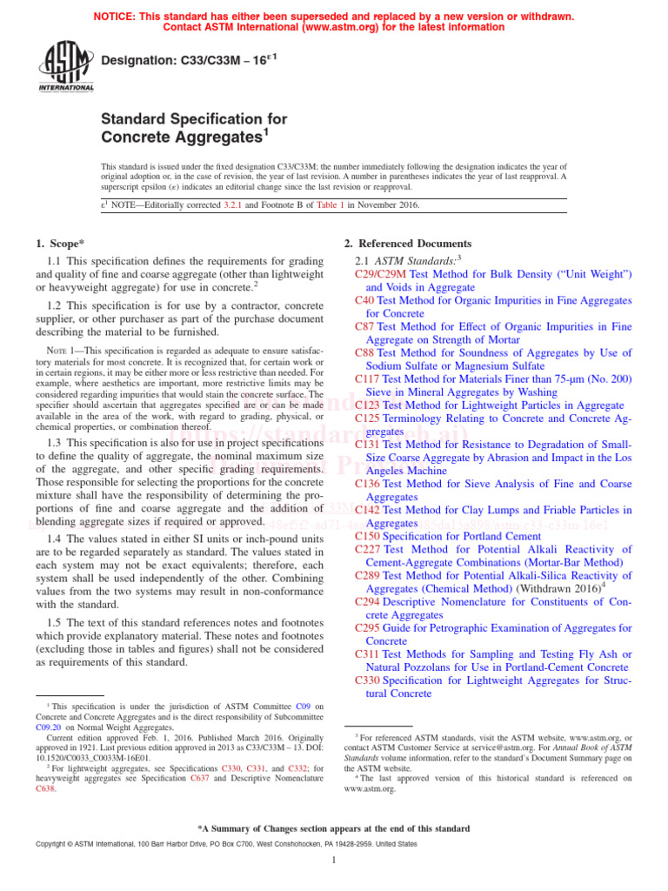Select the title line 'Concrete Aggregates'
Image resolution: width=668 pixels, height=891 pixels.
point(182,137)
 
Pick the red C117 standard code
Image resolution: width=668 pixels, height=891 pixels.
point(369,379)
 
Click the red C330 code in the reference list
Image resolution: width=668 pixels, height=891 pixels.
point(369,680)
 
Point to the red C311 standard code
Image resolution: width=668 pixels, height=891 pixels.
point(369,653)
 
